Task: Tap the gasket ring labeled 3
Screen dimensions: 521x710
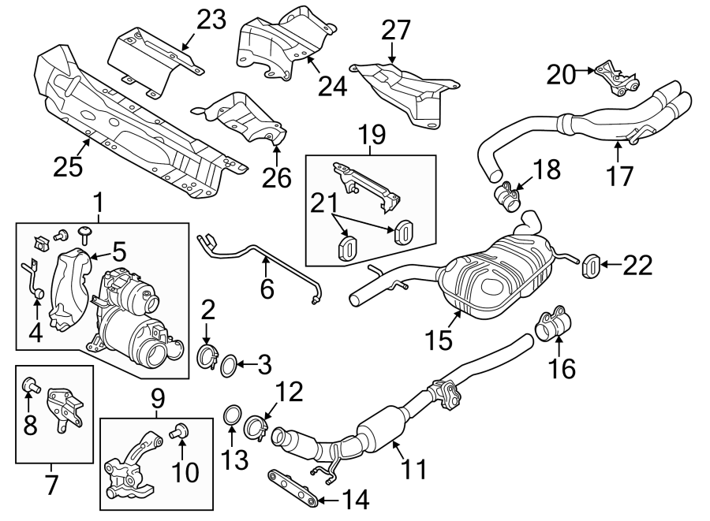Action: tap(227, 364)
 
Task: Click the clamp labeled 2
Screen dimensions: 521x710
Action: tap(207, 358)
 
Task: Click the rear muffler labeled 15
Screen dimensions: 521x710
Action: tap(497, 280)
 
